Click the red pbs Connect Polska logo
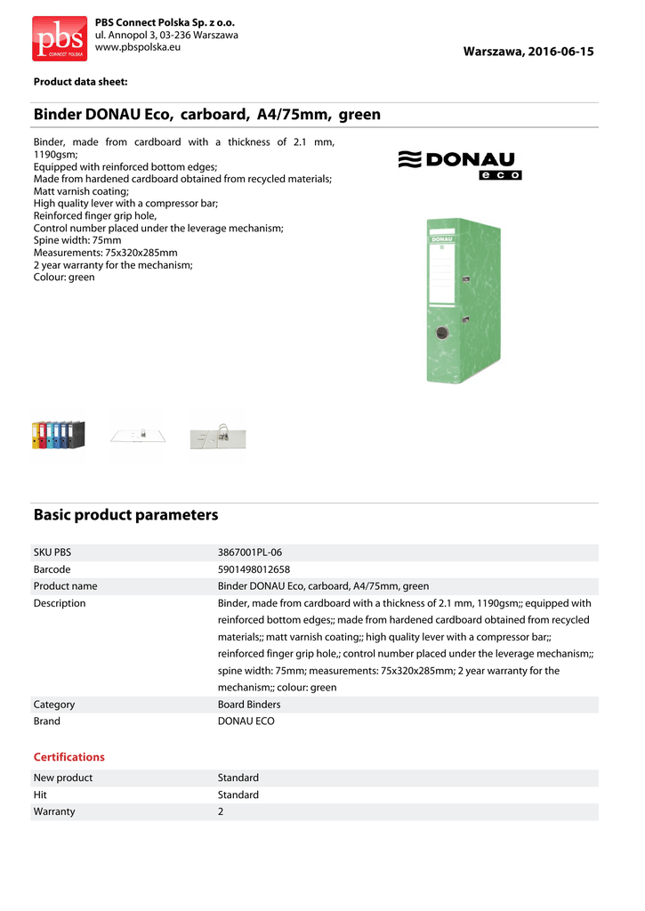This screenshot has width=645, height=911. (60, 38)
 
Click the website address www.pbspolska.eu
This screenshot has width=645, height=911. (137, 47)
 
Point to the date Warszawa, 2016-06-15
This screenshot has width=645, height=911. (528, 52)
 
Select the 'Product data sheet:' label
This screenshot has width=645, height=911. (81, 83)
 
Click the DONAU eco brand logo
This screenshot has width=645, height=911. (459, 165)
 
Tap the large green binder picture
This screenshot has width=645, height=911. (458, 301)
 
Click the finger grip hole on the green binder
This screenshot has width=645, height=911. (442, 335)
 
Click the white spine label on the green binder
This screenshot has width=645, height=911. (442, 274)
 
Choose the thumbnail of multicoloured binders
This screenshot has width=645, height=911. (58, 434)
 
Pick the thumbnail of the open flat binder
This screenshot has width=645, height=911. (138, 435)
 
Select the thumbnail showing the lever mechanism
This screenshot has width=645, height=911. (218, 435)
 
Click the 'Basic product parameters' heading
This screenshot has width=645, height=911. (125, 515)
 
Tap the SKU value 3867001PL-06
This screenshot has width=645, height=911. (250, 552)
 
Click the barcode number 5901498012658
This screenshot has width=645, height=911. (254, 569)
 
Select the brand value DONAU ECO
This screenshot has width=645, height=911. (246, 722)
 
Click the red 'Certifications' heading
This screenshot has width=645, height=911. (69, 757)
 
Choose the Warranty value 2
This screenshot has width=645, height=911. (221, 812)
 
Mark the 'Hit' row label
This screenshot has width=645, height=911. (40, 795)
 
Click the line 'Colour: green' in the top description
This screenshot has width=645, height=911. (64, 278)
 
